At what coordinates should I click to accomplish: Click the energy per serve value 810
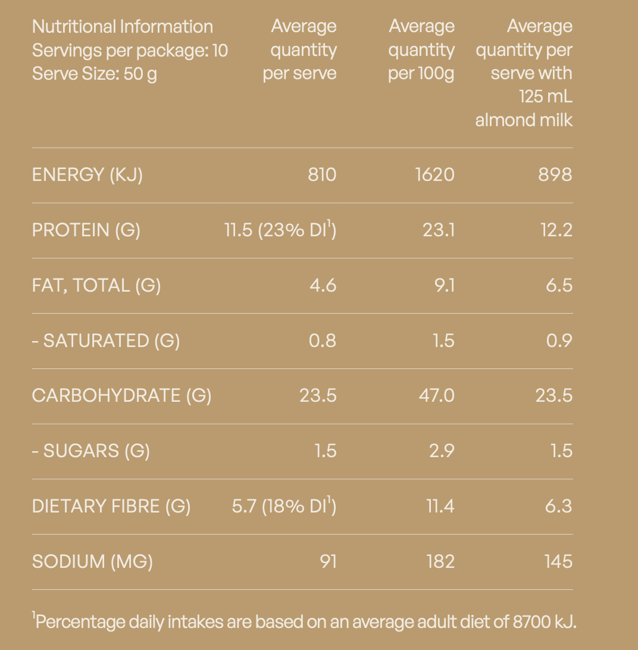[x=322, y=174]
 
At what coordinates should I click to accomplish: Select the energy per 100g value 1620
[x=435, y=174]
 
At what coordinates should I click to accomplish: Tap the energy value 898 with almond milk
[x=555, y=174]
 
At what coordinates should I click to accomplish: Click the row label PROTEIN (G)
[x=86, y=230]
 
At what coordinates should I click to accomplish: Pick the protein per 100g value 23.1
[x=439, y=230]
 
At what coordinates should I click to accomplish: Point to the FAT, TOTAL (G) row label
[x=96, y=286]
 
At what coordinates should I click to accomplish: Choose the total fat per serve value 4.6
[x=323, y=286]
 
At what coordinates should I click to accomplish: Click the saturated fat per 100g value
[x=443, y=340]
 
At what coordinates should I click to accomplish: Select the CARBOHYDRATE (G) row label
[x=121, y=395]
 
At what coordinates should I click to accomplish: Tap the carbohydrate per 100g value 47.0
[x=436, y=395]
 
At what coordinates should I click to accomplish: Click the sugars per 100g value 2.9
[x=442, y=451]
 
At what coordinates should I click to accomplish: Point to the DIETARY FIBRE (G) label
[x=111, y=507]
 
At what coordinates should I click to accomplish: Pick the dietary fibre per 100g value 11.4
[x=440, y=507]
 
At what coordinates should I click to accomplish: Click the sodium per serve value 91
[x=329, y=562]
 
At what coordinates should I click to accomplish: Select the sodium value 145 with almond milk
[x=558, y=562]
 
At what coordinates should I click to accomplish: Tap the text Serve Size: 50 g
[x=95, y=74]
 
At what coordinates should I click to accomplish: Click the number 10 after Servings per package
[x=220, y=51]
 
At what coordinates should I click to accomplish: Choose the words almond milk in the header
[x=524, y=120]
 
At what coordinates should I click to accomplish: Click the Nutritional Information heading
[x=122, y=27]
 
